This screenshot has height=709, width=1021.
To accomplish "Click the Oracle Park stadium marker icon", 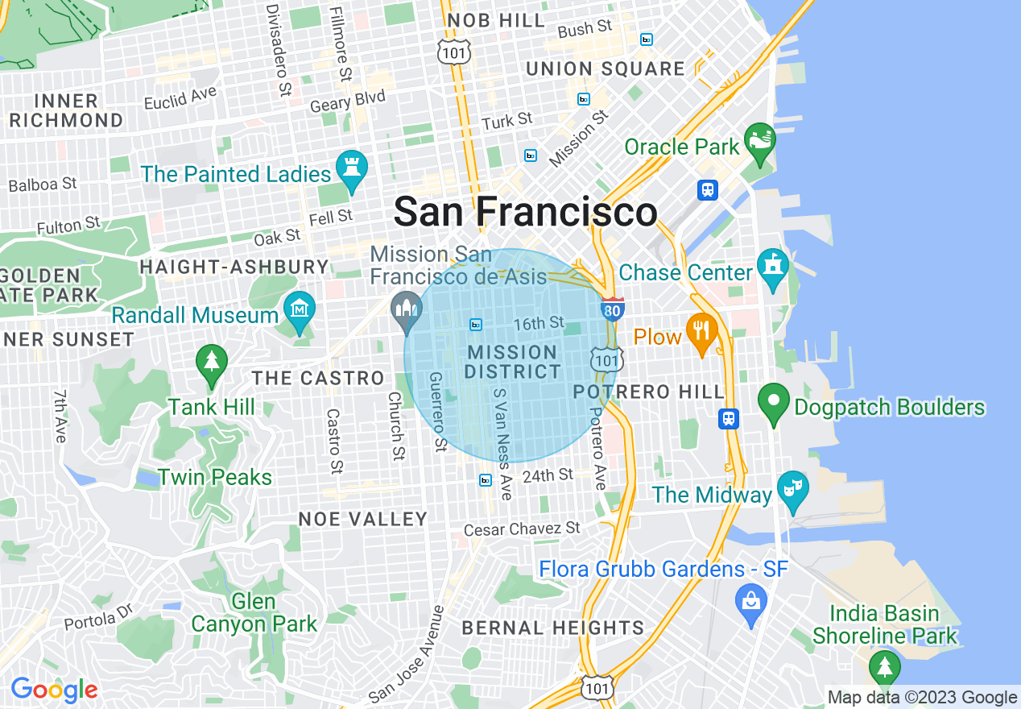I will [759, 140].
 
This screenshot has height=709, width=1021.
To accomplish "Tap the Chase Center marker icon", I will [773, 266].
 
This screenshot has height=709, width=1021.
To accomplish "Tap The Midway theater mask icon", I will [792, 489].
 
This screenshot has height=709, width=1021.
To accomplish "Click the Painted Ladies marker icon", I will [352, 168].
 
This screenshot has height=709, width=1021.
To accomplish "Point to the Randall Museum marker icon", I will [300, 309].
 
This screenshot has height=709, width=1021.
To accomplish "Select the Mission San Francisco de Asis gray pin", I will [406, 309].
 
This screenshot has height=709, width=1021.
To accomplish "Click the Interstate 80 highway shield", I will [612, 309].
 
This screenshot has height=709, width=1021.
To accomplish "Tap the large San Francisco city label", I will [525, 213].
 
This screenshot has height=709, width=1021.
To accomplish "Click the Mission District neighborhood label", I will [512, 363].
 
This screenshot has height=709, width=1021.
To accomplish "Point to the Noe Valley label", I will [362, 520].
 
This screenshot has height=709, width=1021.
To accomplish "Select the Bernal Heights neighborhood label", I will [552, 628].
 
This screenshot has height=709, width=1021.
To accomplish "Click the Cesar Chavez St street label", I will [522, 529].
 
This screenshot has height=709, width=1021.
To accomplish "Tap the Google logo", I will [54, 690].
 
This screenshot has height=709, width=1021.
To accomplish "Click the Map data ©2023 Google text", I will [923, 698].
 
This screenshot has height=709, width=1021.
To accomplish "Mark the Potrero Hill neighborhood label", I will [649, 392].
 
